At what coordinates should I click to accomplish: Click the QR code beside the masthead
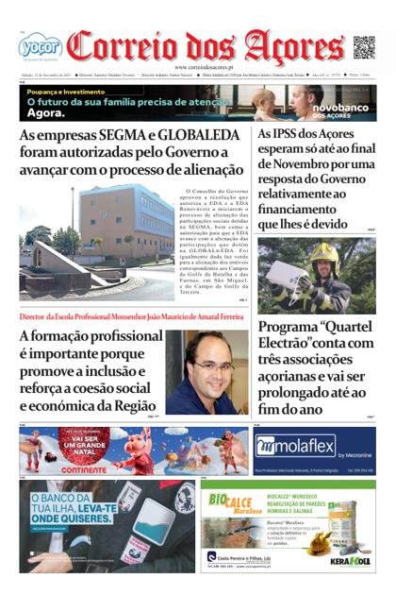click(363, 46)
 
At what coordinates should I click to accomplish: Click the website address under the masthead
click(197, 67)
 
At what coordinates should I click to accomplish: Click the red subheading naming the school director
click(131, 317)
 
